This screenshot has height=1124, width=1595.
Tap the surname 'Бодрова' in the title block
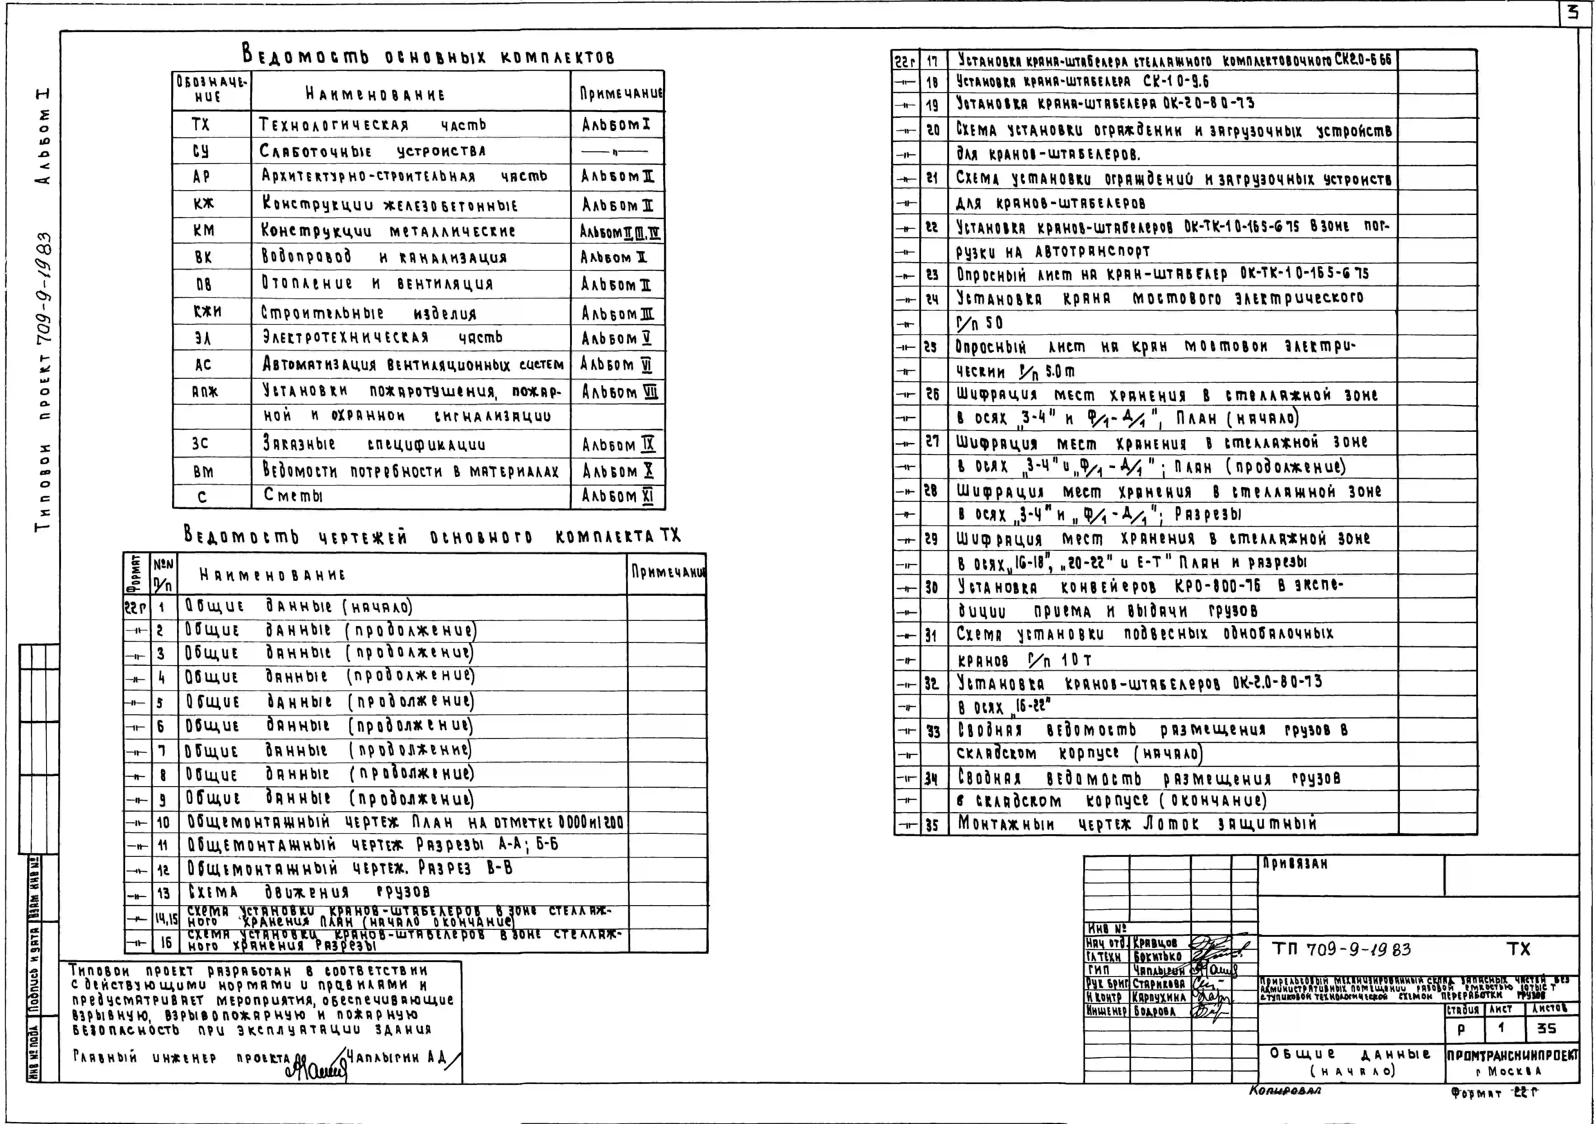(1155, 1011)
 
